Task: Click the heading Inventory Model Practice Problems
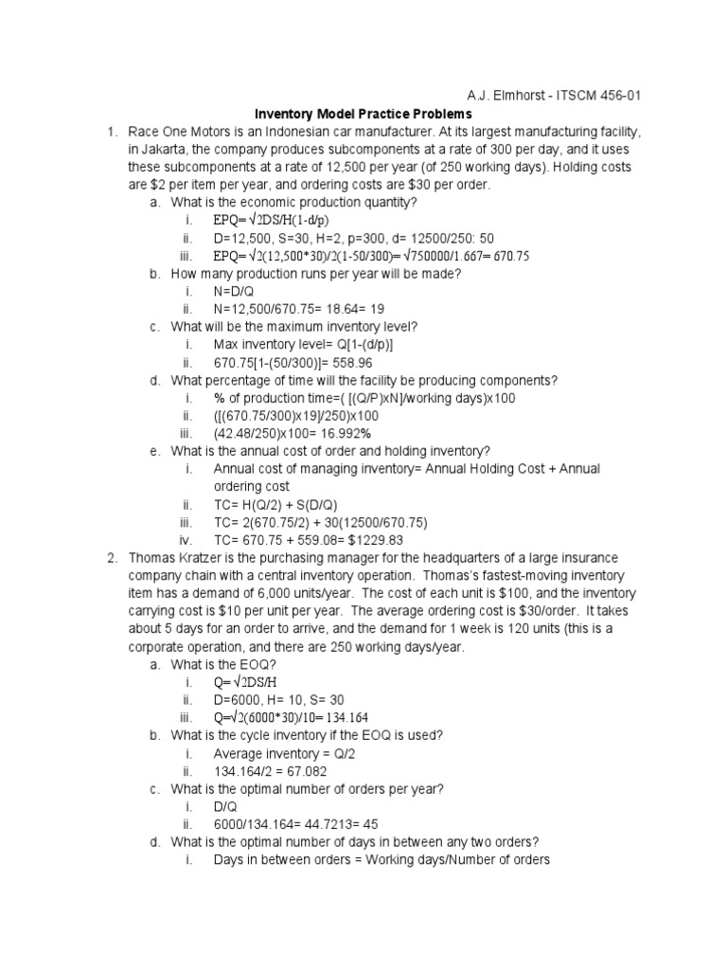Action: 364,114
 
